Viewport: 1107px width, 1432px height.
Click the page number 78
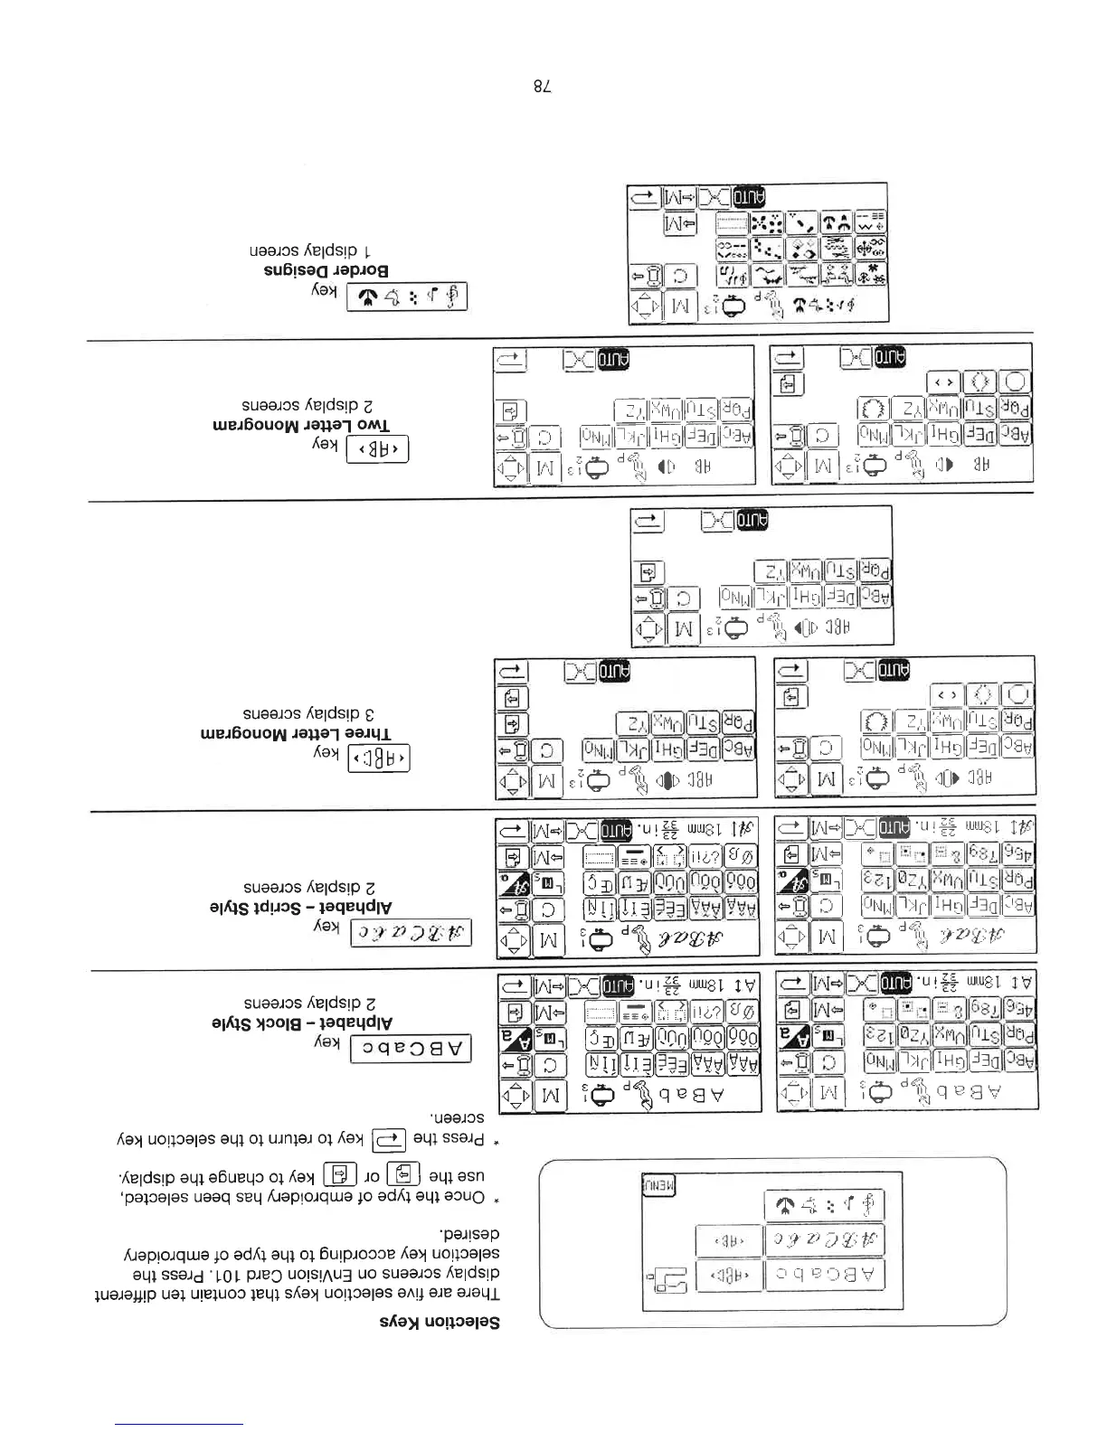coord(541,88)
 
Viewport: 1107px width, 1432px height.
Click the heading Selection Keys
coord(439,1322)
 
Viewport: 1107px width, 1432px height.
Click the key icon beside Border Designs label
coord(407,296)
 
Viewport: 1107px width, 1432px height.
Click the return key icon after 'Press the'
coord(389,1138)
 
